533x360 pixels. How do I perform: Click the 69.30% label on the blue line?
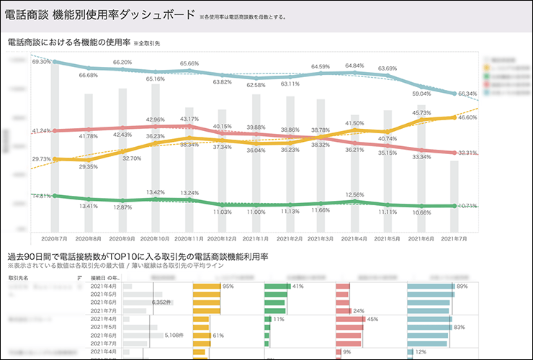pyautogui.click(x=42, y=62)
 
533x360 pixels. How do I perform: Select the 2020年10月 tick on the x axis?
pyautogui.click(x=154, y=238)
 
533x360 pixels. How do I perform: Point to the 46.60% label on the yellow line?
pyautogui.click(x=467, y=117)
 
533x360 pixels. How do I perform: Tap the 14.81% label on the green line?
pyautogui.click(x=42, y=196)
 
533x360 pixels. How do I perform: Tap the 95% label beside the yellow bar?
pyautogui.click(x=228, y=287)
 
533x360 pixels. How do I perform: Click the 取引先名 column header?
pyautogui.click(x=19, y=276)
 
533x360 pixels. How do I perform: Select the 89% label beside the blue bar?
pyautogui.click(x=462, y=287)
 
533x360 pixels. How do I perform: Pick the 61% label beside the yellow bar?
pyautogui.click(x=218, y=335)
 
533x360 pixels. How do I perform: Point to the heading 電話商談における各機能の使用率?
pyautogui.click(x=68, y=43)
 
